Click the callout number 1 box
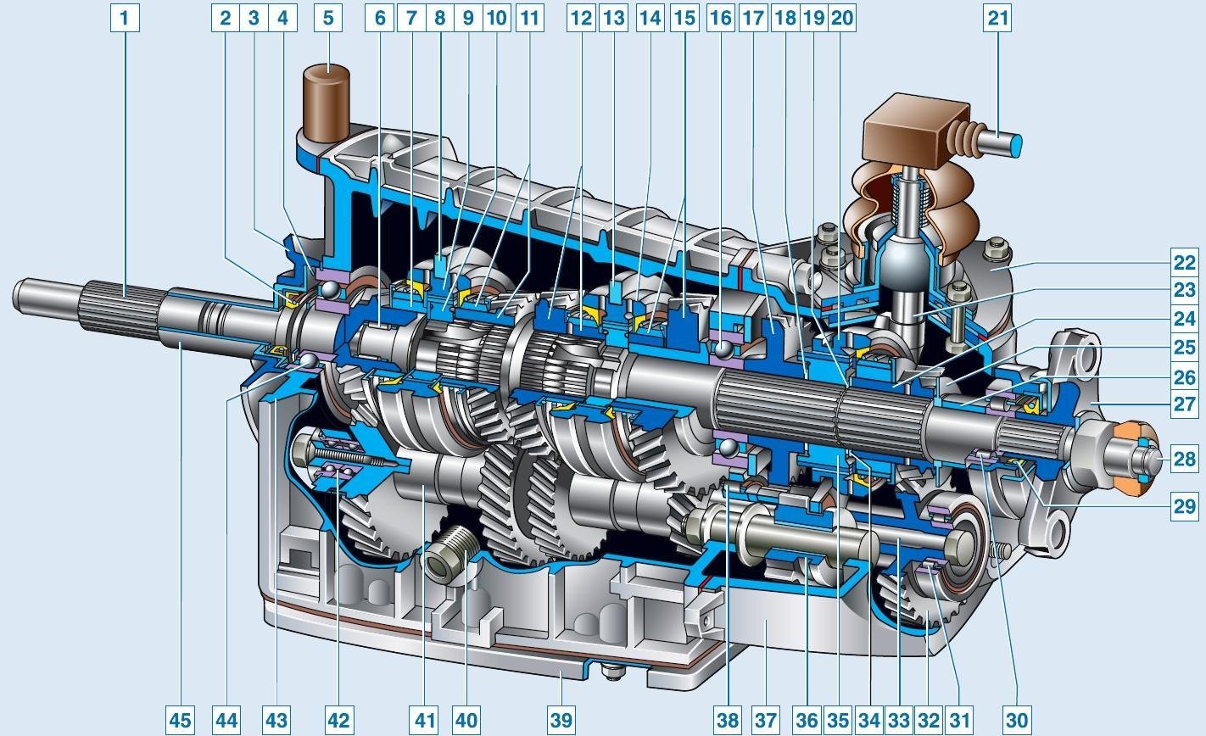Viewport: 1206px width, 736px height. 125,19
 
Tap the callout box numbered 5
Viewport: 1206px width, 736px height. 328,19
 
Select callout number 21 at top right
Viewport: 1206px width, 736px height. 997,19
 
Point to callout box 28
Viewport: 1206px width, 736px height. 1185,460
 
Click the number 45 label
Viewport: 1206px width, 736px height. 181,720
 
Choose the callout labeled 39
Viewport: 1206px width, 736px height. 561,720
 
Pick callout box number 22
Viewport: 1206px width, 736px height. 1185,263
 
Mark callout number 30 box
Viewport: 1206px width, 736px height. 1017,720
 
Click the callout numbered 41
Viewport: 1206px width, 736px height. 425,720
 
